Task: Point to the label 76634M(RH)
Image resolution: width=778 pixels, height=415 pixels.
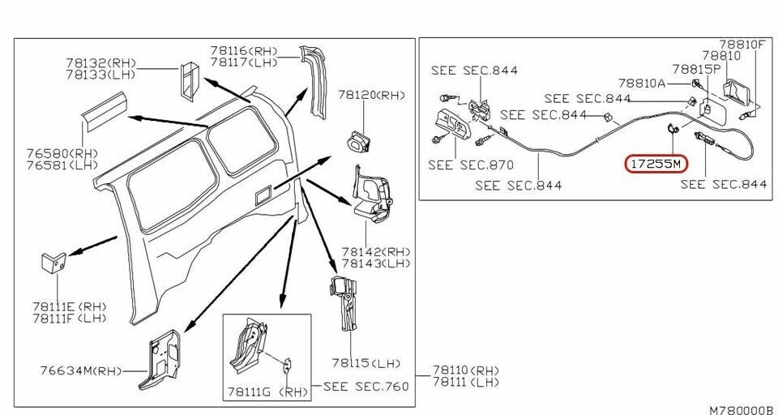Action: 80,371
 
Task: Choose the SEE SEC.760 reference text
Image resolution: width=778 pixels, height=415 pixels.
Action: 366,386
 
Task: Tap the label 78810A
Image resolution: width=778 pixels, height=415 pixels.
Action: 642,83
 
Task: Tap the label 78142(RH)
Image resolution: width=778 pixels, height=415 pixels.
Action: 375,251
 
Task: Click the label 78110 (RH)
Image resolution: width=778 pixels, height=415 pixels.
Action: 466,370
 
